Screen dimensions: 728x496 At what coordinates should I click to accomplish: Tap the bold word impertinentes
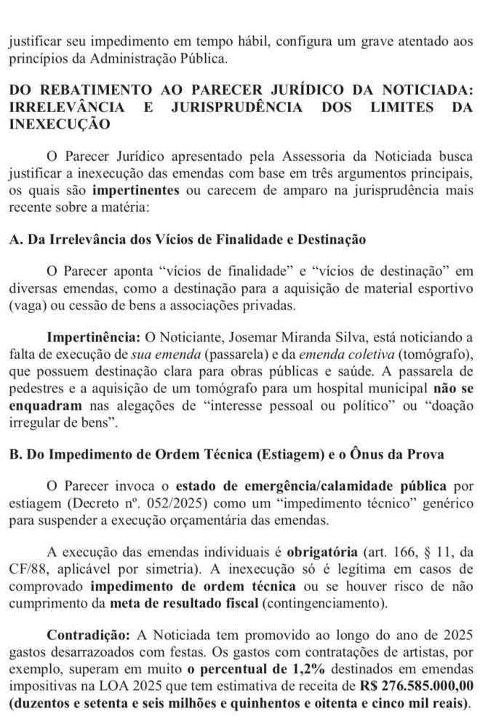click(x=137, y=191)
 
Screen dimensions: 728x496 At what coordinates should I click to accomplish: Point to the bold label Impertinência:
click(x=92, y=338)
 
